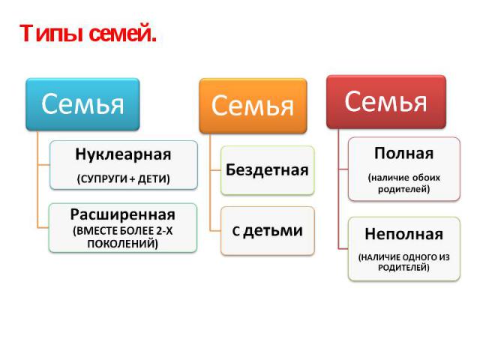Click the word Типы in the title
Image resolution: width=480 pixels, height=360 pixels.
(52, 33)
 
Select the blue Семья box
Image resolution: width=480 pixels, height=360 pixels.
(82, 104)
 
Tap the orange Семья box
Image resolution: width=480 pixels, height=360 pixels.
(253, 106)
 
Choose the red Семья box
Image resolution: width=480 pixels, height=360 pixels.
(386, 102)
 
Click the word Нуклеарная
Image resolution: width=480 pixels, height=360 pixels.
(123, 154)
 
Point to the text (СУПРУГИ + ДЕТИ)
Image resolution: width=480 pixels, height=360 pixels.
(123, 178)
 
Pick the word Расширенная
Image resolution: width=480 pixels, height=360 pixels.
(123, 214)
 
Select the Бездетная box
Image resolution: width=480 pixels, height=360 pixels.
(267, 170)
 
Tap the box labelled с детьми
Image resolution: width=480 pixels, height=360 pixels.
(267, 231)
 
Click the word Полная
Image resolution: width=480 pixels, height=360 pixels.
(403, 153)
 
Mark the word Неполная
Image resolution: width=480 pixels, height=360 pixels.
(403, 235)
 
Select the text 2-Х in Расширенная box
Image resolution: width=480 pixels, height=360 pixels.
(164, 231)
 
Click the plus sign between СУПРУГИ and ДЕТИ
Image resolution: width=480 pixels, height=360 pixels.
(132, 179)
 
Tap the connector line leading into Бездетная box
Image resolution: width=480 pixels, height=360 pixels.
(215, 170)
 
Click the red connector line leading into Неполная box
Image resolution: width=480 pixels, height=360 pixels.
(343, 248)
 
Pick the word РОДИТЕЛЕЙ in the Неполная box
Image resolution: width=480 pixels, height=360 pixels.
(403, 268)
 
